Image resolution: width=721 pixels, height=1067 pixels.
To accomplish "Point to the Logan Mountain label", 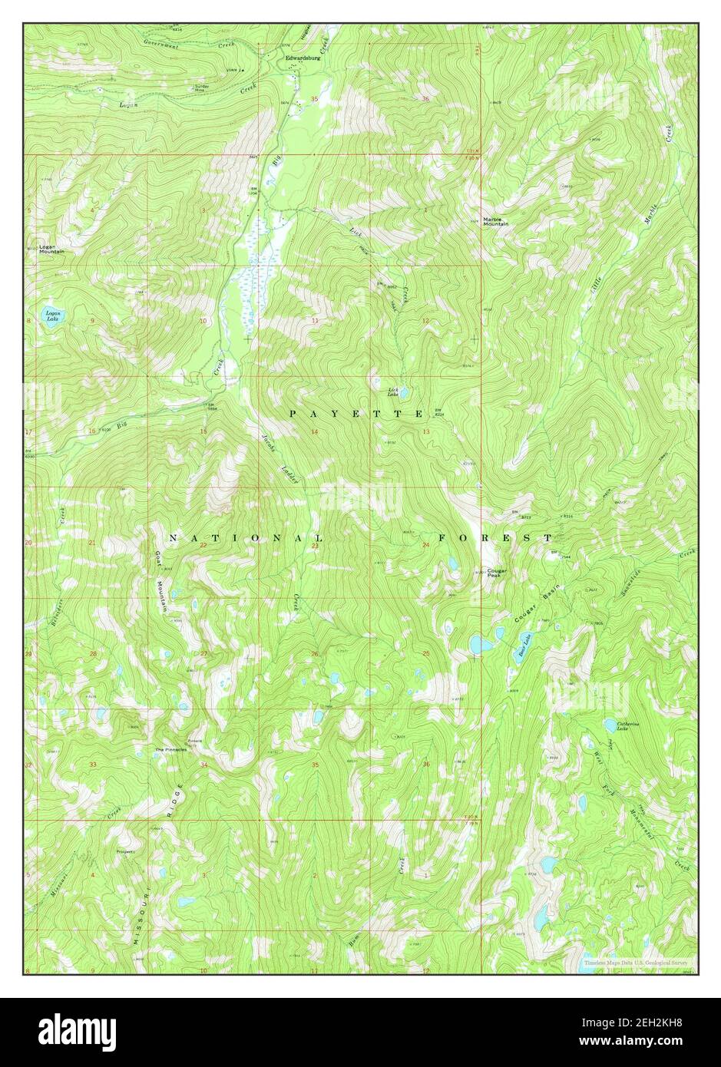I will (x=51, y=249).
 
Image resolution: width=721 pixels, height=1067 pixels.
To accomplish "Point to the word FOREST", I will (x=495, y=538).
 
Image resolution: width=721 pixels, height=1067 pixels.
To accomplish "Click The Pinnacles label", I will (x=170, y=749).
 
